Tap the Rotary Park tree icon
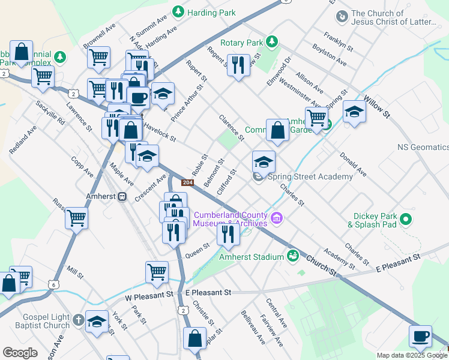coord(273,41)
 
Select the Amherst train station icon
coord(122,196)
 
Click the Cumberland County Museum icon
coord(277,217)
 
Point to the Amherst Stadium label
coord(251,257)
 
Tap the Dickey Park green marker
coord(406,219)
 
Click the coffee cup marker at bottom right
coord(421,336)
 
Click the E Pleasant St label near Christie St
coord(208,292)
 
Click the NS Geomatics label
coord(423,147)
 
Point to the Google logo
coord(20,353)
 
